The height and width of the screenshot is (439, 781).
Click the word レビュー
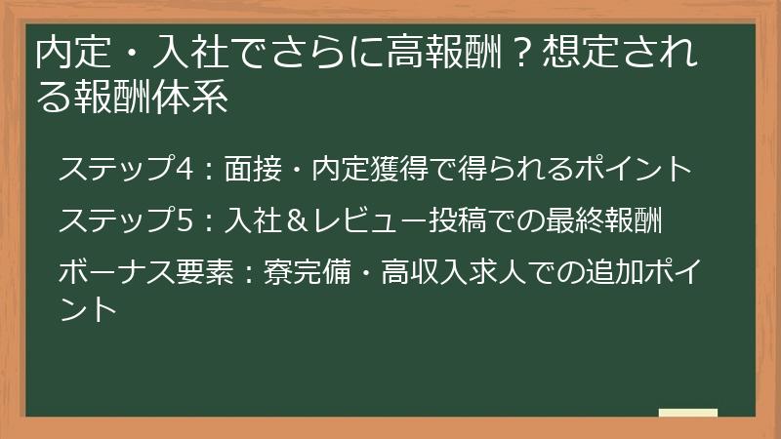(x=383, y=221)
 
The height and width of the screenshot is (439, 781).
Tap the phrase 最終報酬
(x=607, y=221)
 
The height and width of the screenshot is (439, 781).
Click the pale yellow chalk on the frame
(x=687, y=413)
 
